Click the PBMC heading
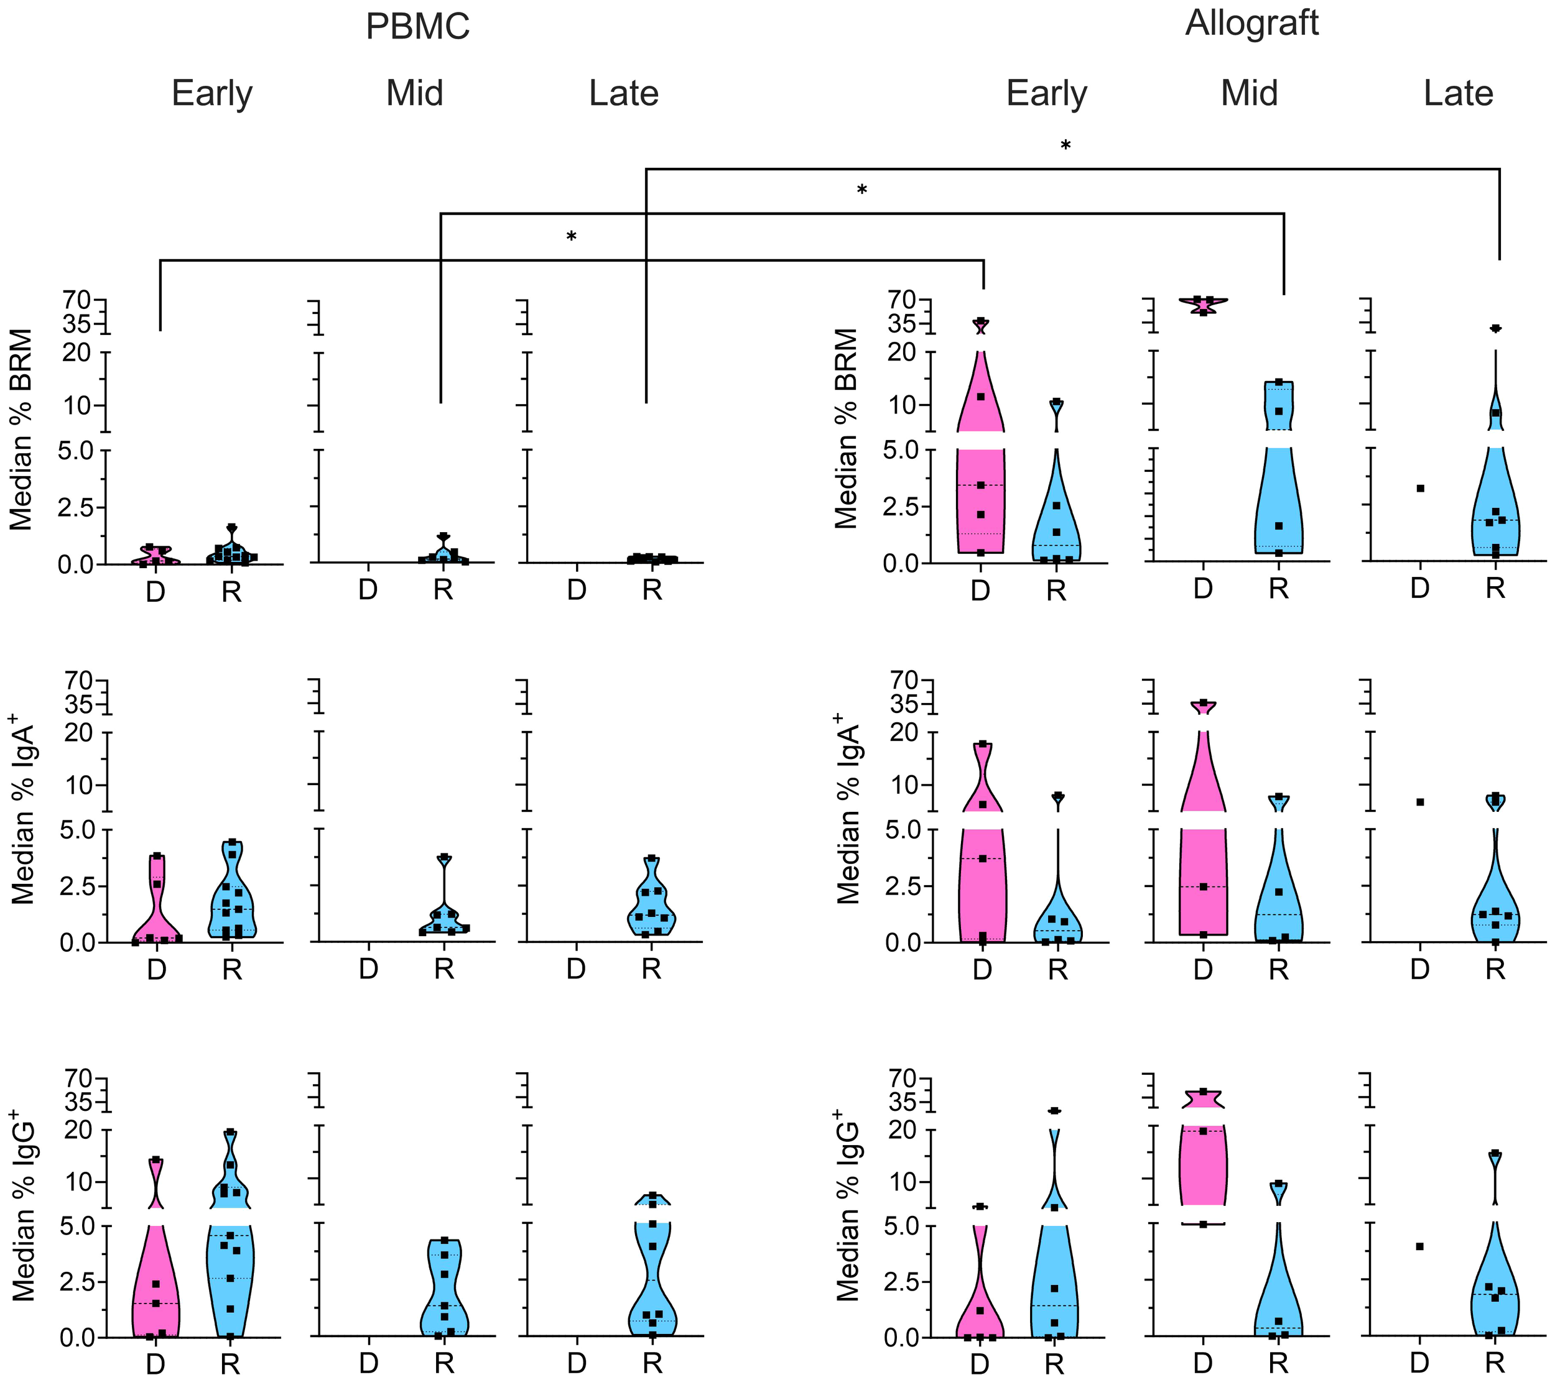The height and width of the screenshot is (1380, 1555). pyautogui.click(x=417, y=27)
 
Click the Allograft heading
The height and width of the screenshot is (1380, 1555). pyautogui.click(x=1251, y=23)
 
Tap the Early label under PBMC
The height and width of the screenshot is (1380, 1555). pyautogui.click(x=211, y=93)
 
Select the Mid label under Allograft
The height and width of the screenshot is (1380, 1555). pyautogui.click(x=1249, y=93)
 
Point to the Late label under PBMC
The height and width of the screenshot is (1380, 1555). pyautogui.click(x=624, y=93)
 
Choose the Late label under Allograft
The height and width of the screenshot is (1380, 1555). pyautogui.click(x=1459, y=93)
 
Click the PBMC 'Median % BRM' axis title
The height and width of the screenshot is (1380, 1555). pyautogui.click(x=21, y=429)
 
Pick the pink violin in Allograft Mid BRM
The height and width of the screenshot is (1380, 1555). pyautogui.click(x=1203, y=304)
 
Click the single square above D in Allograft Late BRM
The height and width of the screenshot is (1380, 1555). pyautogui.click(x=1419, y=488)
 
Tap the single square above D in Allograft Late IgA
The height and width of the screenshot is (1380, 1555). pyautogui.click(x=1419, y=801)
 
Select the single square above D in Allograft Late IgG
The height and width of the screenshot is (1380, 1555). pyautogui.click(x=1419, y=1246)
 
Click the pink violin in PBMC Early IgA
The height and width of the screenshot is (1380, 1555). pyautogui.click(x=157, y=905)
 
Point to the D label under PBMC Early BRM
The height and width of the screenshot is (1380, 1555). pyautogui.click(x=155, y=592)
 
